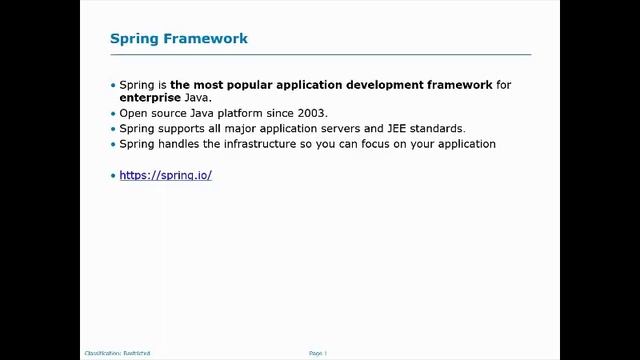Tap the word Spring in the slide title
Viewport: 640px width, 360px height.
point(133,39)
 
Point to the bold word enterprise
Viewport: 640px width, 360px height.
point(150,98)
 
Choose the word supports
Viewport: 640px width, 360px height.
point(181,129)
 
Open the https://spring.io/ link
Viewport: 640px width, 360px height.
point(165,175)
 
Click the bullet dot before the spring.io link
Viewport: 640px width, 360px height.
point(113,176)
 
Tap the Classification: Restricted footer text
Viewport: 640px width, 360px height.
point(117,353)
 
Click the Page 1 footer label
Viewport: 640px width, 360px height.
point(318,353)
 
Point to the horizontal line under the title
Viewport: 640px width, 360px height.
point(320,54)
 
